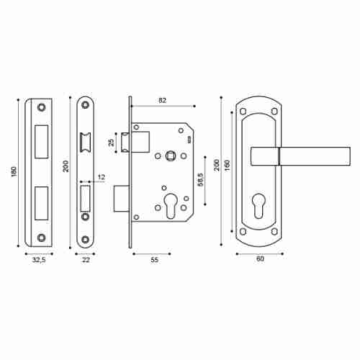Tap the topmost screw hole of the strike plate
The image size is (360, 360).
40,109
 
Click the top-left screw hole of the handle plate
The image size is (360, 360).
243,112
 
